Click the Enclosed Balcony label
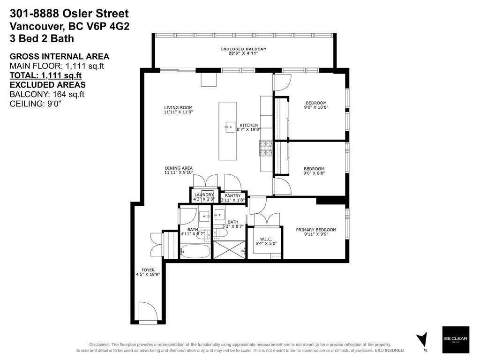[243, 51]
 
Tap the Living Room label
[178, 110]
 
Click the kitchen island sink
[230, 127]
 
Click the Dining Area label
[179, 170]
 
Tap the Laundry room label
[204, 196]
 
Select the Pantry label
[232, 198]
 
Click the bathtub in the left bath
[196, 252]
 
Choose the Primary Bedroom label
[316, 232]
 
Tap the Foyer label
[148, 272]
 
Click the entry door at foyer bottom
[149, 313]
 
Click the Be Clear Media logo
[456, 339]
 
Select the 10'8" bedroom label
[316, 105]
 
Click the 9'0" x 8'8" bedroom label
[314, 171]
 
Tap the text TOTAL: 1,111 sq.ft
[46, 75]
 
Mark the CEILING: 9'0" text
[36, 104]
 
